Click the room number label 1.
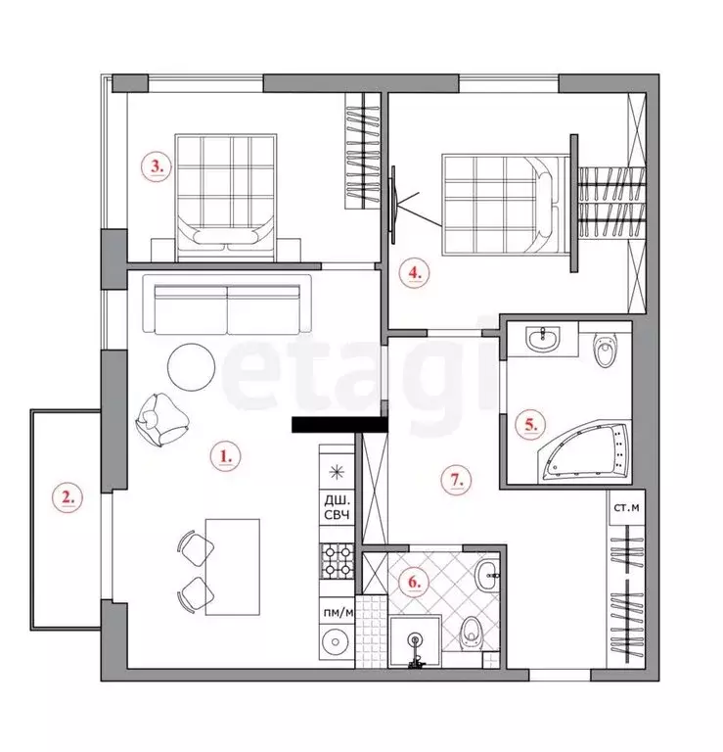tap(226, 454)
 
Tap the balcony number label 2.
tap(67, 497)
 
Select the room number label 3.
tap(156, 165)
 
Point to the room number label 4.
tap(415, 273)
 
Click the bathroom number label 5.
tap(529, 424)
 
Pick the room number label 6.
tap(414, 582)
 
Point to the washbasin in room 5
tap(540, 341)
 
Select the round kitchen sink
tap(336, 643)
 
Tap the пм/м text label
tap(337, 612)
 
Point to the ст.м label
tap(625, 507)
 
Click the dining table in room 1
tap(233, 567)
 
